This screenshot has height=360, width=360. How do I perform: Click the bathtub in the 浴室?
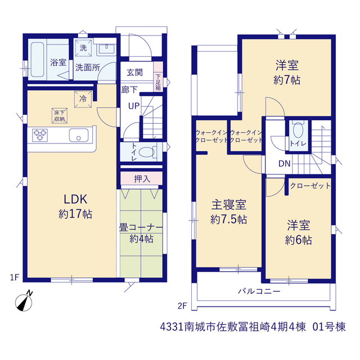(x=38, y=60)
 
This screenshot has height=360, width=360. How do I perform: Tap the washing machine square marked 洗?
(x=83, y=48)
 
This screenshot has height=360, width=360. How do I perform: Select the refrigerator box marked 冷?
(x=83, y=99)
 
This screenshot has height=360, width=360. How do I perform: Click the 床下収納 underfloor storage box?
(x=60, y=116)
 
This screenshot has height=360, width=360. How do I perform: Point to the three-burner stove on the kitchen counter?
(x=40, y=135)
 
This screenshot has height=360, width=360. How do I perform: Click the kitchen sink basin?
(x=79, y=135)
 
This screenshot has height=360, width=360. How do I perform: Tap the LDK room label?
(x=75, y=199)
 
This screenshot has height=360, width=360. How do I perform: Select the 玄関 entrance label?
(x=135, y=73)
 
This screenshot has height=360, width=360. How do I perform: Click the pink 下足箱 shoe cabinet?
(x=158, y=76)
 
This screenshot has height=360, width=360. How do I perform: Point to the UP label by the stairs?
(x=134, y=106)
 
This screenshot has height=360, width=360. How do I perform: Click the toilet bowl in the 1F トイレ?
(x=147, y=152)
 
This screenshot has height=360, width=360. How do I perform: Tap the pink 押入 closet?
(x=142, y=178)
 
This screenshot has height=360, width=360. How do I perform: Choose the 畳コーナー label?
(x=141, y=227)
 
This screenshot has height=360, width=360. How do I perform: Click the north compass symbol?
(x=24, y=301)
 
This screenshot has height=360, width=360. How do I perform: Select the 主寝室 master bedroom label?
(x=229, y=205)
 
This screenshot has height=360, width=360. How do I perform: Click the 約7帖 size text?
(x=287, y=80)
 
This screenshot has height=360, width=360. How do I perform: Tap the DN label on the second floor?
(x=285, y=164)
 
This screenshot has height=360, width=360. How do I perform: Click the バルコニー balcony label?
(x=259, y=291)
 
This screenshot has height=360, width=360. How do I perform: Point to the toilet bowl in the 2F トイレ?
(x=298, y=130)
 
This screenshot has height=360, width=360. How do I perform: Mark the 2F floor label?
(x=182, y=306)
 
